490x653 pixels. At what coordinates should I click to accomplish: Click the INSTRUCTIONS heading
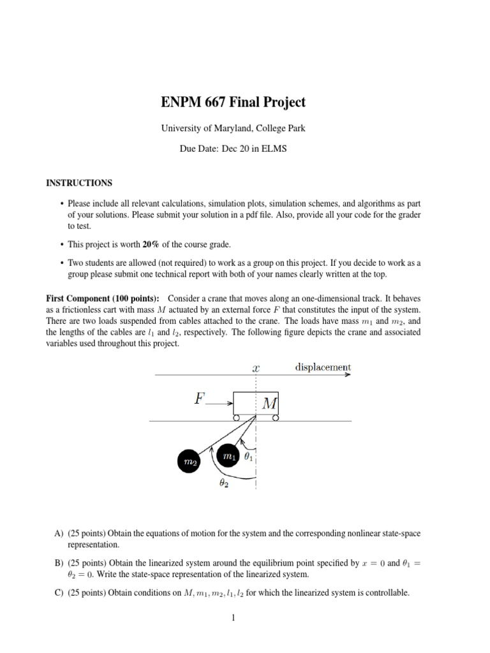coord(78,183)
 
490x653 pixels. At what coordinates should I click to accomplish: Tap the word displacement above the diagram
coord(323,367)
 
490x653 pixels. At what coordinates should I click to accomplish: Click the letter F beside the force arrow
coord(200,400)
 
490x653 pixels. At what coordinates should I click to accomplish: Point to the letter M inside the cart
coord(268,404)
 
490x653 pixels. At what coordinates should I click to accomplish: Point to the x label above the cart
coord(255,368)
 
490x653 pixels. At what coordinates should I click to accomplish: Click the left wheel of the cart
coord(236,418)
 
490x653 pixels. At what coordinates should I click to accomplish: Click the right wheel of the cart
coord(276,418)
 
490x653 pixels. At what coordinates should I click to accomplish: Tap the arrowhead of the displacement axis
coord(348,375)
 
